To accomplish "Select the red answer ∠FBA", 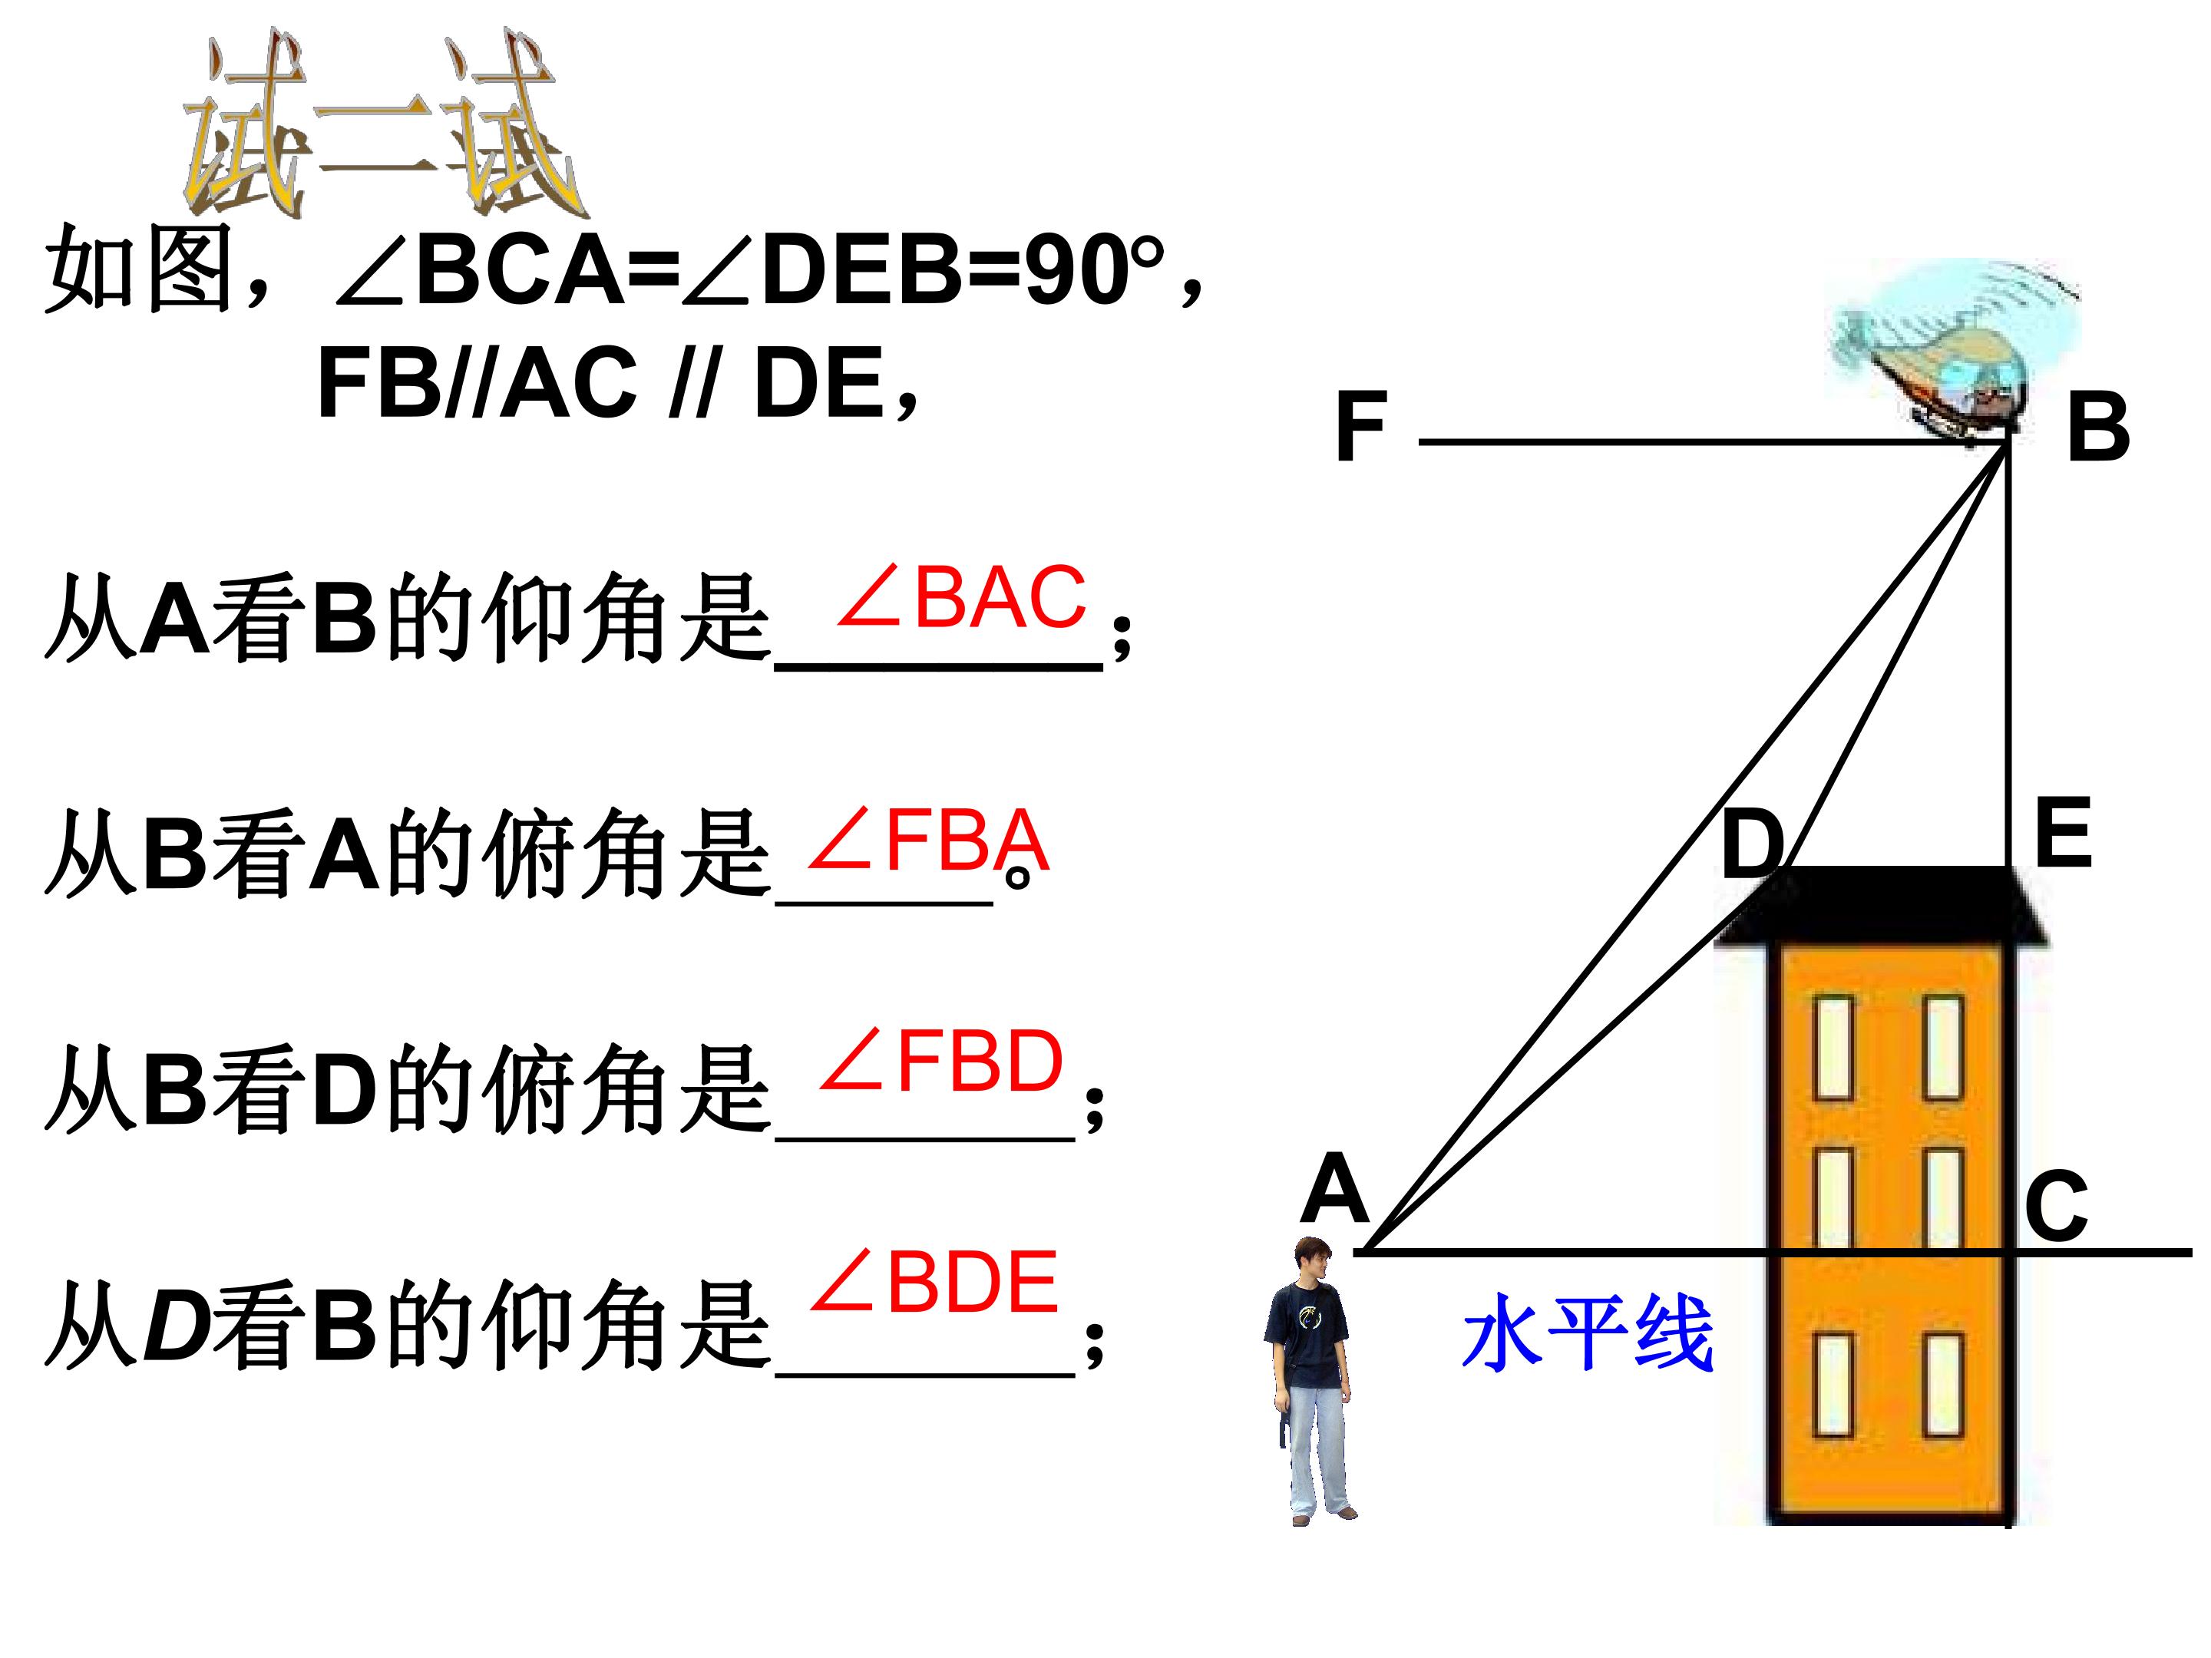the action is pyautogui.click(x=927, y=841).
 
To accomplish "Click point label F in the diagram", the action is pyautogui.click(x=1361, y=427).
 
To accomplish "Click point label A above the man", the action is pyautogui.click(x=1334, y=1188).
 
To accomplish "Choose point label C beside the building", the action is pyautogui.click(x=2056, y=1205).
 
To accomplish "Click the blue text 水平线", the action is pyautogui.click(x=1588, y=1333).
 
